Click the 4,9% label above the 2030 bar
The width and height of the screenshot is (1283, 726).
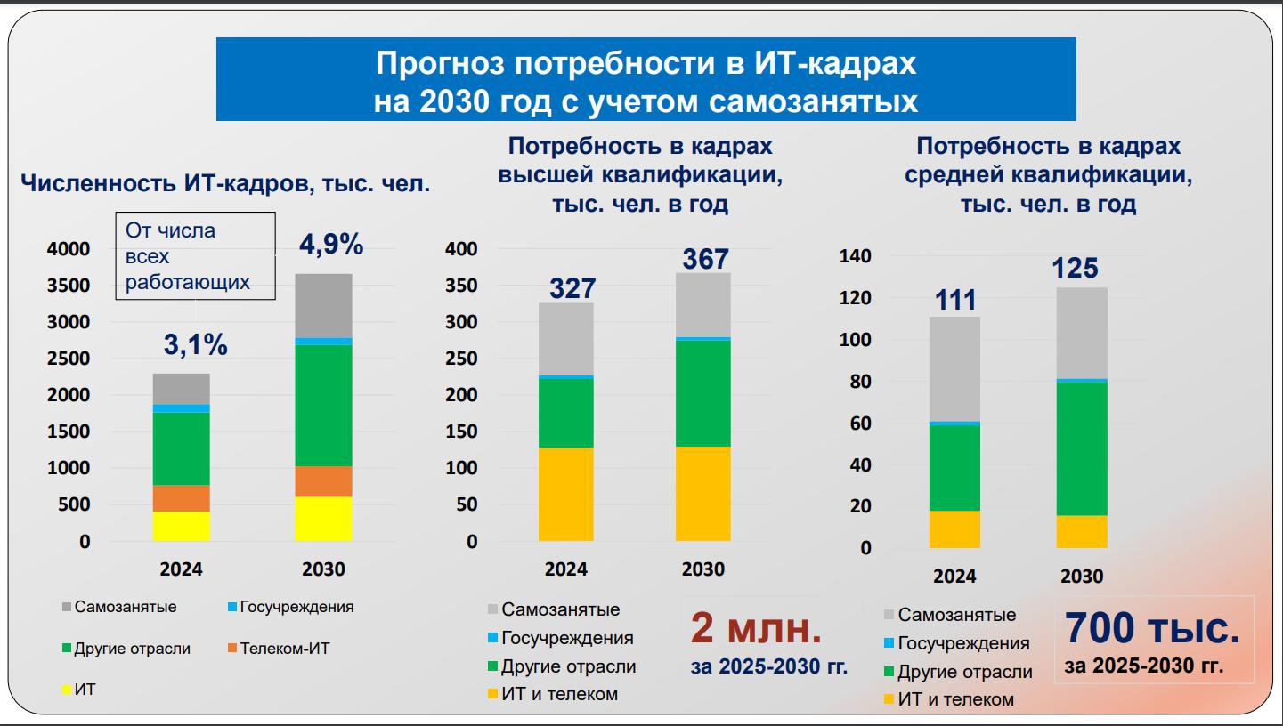click(x=330, y=245)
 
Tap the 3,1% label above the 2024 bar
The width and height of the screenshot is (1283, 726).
click(x=195, y=345)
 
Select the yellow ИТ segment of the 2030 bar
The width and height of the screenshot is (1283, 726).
click(x=323, y=518)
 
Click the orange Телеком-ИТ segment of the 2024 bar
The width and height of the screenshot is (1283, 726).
click(x=182, y=497)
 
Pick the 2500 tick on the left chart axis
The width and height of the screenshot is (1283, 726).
click(x=69, y=359)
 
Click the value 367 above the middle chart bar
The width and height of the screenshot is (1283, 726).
click(x=705, y=259)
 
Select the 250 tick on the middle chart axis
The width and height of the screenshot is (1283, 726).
click(x=461, y=359)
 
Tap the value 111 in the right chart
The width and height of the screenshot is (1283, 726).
click(x=955, y=301)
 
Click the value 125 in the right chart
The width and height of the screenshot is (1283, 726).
click(x=1075, y=269)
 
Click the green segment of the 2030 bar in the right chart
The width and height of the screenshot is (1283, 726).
click(x=1082, y=448)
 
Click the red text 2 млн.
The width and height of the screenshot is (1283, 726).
click(x=756, y=629)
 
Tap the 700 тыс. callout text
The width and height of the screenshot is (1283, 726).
click(x=1151, y=628)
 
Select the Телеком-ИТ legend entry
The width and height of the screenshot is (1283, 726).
click(x=283, y=649)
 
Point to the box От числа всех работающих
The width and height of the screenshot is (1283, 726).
click(x=195, y=256)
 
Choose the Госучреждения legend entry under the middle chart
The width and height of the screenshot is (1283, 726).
click(x=566, y=638)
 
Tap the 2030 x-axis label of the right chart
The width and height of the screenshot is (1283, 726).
click(x=1081, y=577)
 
